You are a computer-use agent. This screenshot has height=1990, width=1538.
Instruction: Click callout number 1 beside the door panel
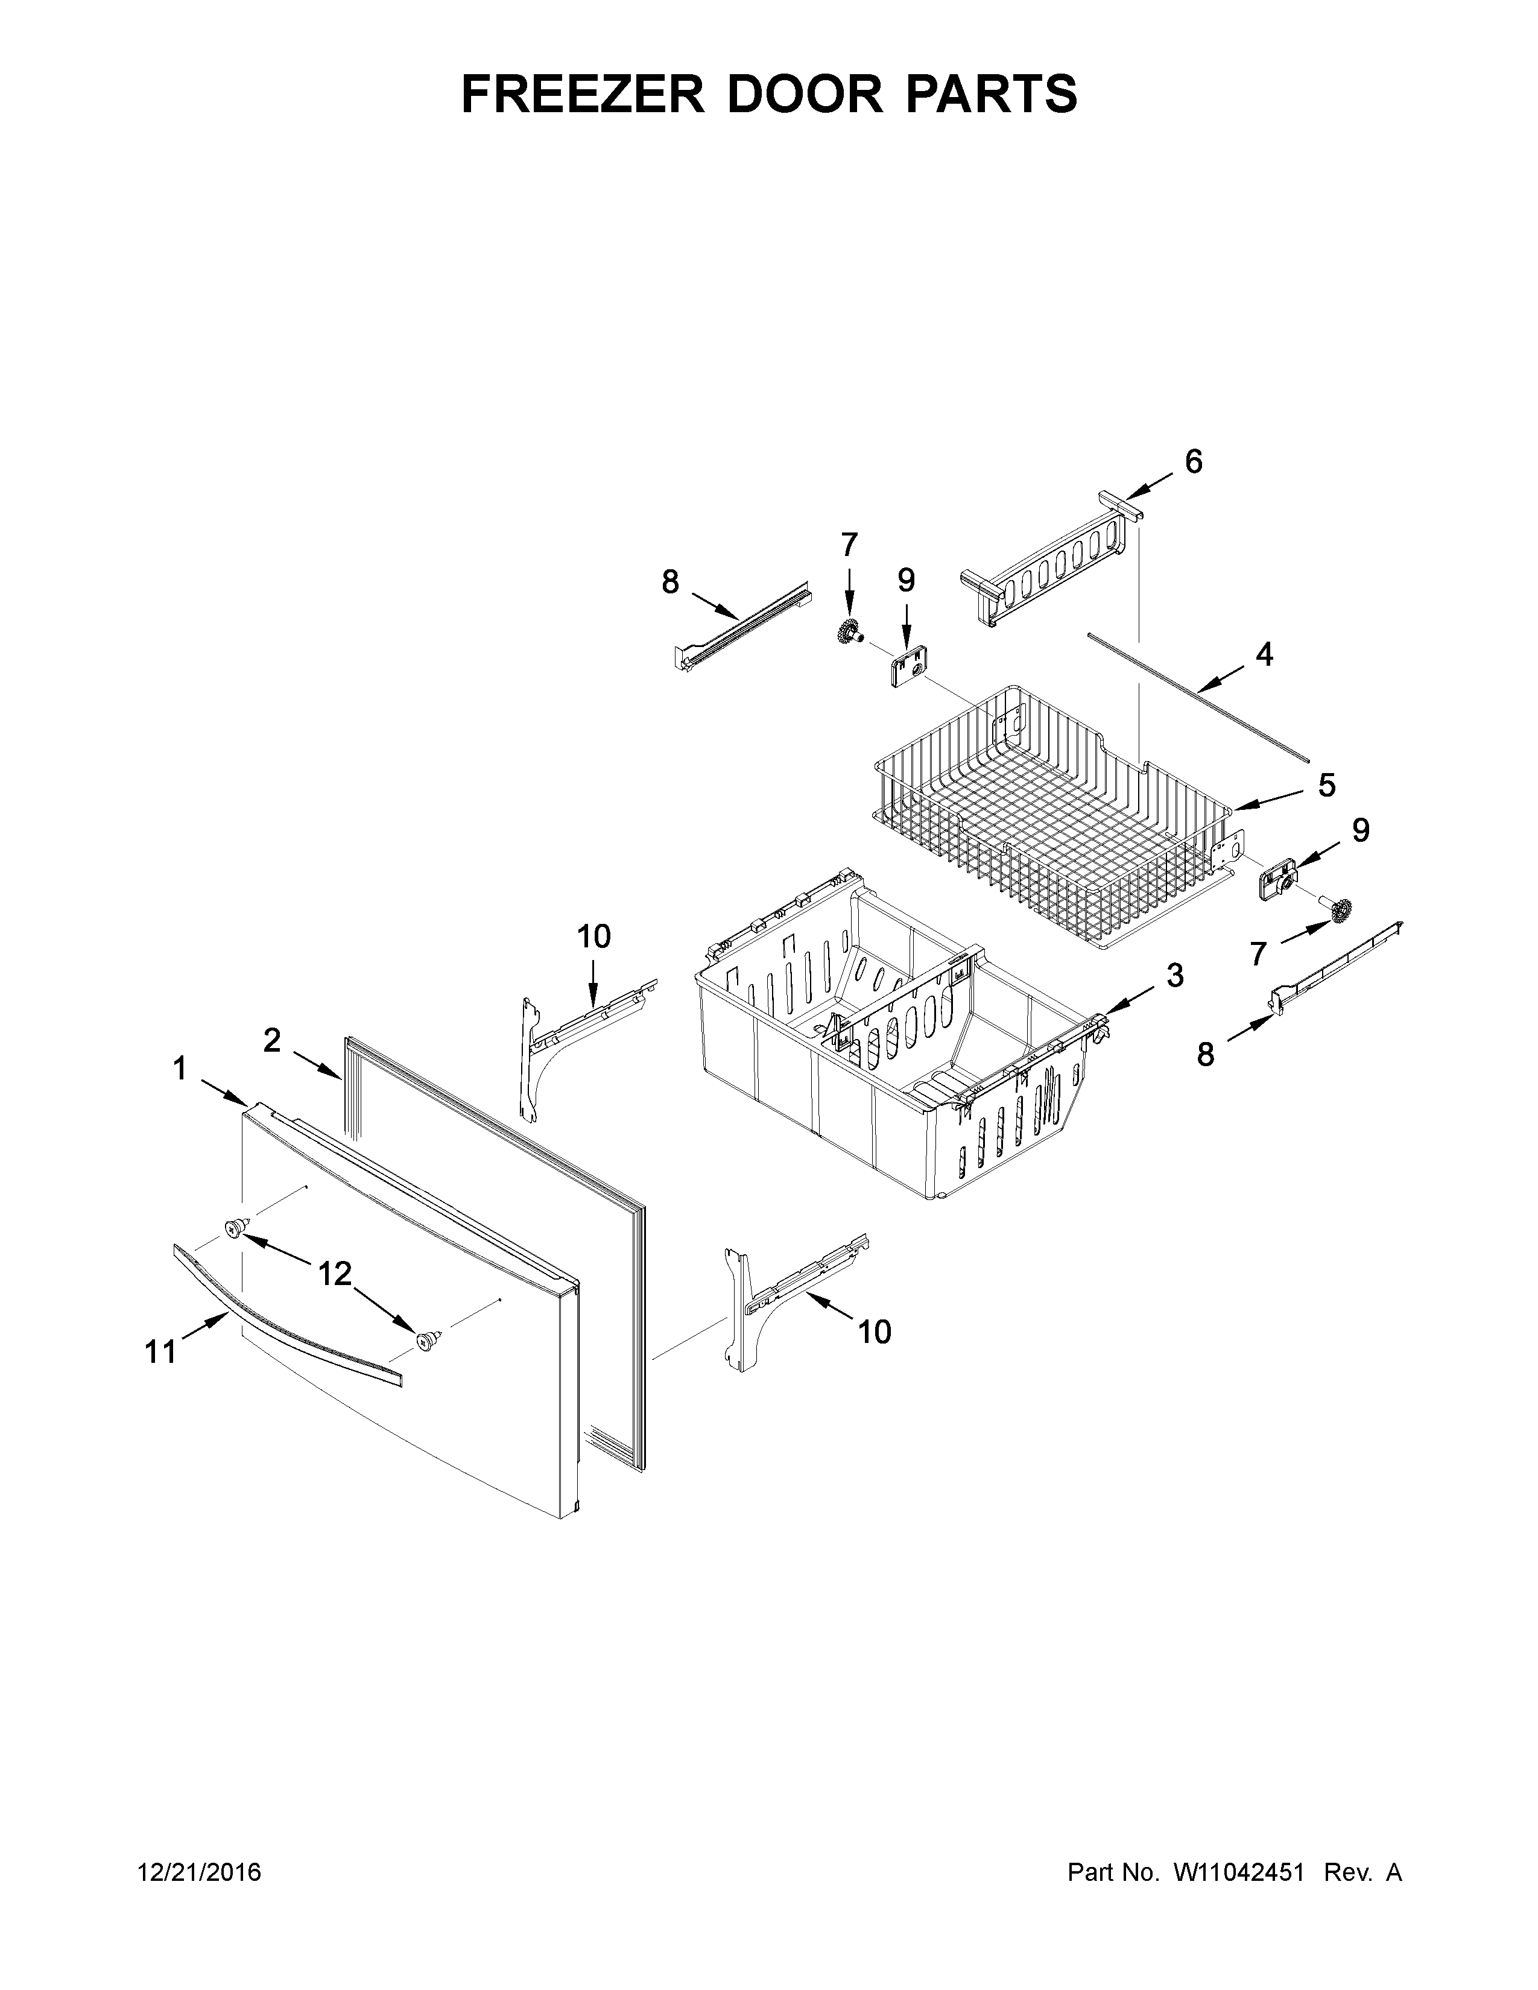click(x=180, y=1068)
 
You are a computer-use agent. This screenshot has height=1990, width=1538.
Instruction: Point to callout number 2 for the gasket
click(x=271, y=1040)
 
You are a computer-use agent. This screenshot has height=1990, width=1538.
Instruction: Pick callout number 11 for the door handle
click(x=160, y=1352)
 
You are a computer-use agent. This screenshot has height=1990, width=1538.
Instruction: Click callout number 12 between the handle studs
click(x=334, y=1273)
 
